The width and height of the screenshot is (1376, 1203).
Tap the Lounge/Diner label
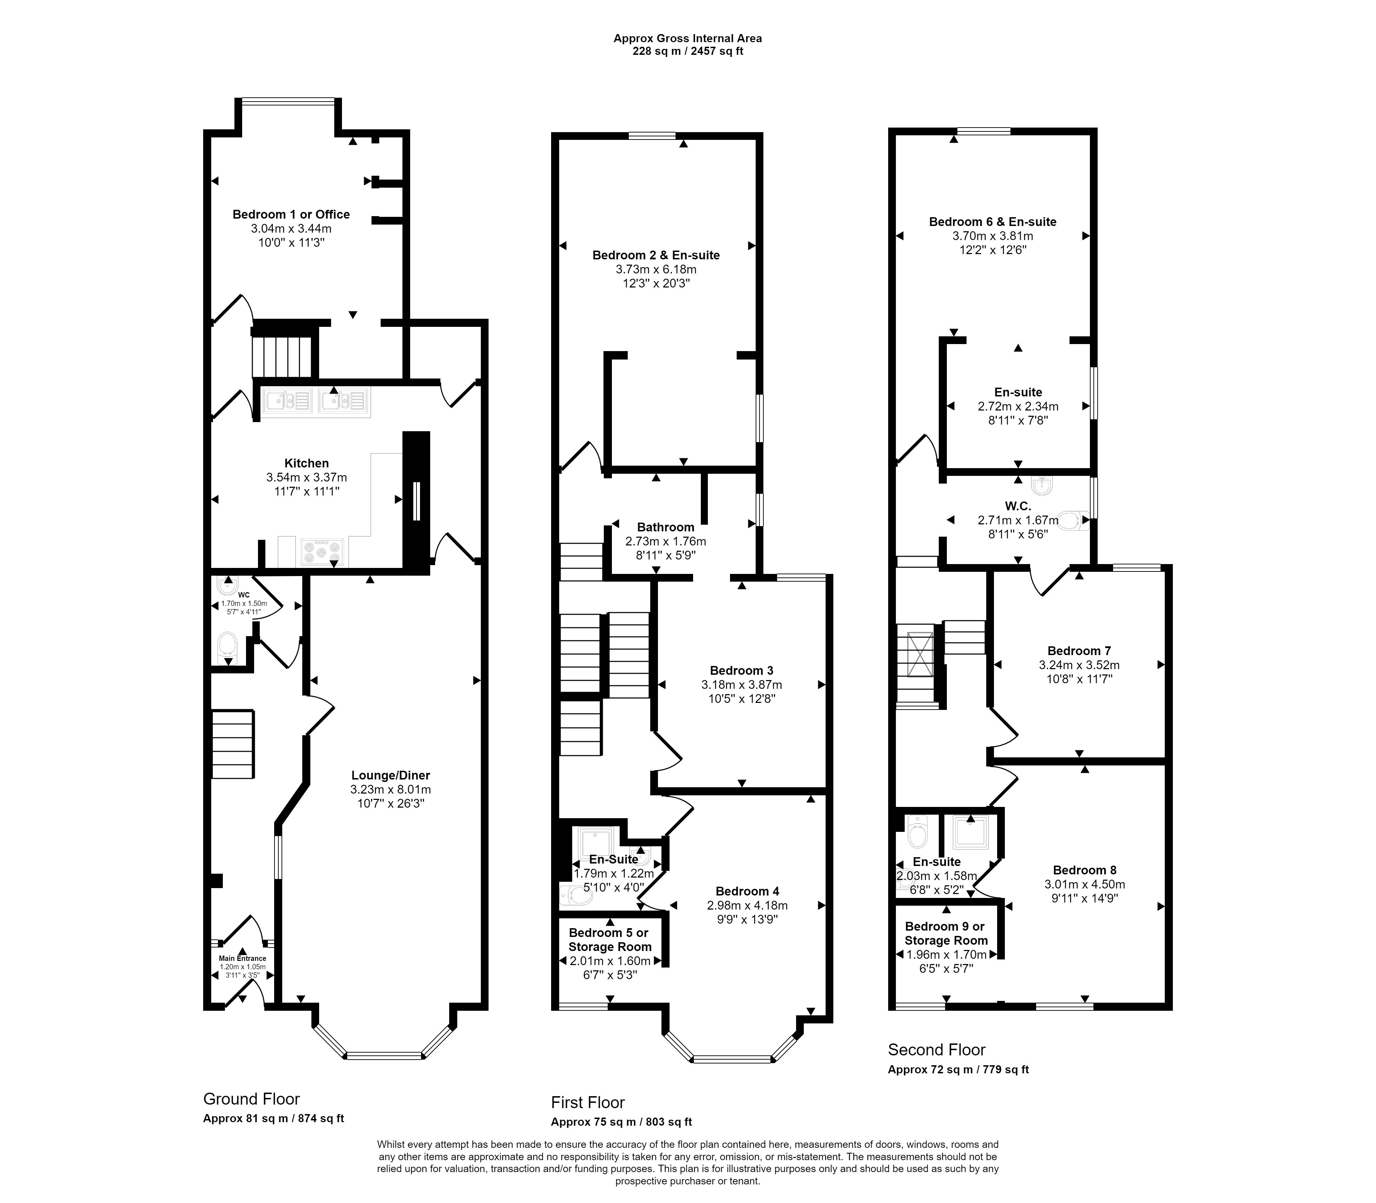[390, 775]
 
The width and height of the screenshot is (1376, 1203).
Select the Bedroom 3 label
[742, 671]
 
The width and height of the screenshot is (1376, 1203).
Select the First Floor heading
[588, 1102]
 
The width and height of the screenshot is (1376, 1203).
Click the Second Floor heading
[937, 1049]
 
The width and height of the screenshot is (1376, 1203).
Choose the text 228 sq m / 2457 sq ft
[688, 51]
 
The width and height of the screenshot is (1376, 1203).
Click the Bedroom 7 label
[1079, 651]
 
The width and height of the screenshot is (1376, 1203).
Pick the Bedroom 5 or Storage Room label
[609, 940]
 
